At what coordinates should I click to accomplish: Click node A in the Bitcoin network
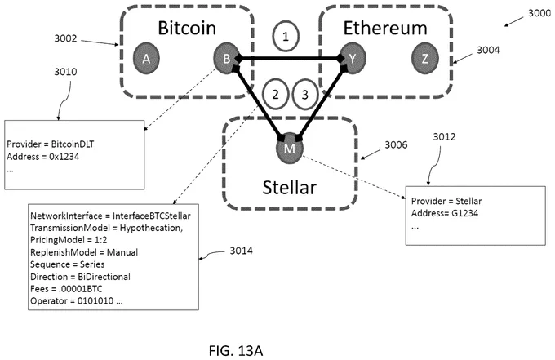click(146, 59)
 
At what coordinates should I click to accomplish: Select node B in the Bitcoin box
click(226, 59)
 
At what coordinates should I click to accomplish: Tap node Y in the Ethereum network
click(352, 59)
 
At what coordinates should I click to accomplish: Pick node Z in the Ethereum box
click(424, 59)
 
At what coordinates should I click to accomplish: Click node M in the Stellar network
click(290, 149)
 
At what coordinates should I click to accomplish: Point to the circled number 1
click(286, 37)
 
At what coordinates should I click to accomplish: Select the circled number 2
click(275, 95)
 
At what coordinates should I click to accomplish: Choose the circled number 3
click(304, 95)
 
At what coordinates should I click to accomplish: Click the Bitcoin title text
click(187, 28)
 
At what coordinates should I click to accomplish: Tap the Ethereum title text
click(385, 28)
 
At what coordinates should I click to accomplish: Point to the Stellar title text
click(289, 187)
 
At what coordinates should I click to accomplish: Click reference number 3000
click(539, 13)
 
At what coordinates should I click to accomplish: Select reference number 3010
click(65, 72)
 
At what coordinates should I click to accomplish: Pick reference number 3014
click(241, 251)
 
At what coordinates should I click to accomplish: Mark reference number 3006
click(396, 144)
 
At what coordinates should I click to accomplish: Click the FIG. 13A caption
click(236, 351)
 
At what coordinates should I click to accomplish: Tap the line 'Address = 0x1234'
click(42, 157)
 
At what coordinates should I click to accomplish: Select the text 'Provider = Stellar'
click(446, 201)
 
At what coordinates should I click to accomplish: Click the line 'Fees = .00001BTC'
click(66, 289)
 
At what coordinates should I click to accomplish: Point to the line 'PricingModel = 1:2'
click(69, 240)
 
